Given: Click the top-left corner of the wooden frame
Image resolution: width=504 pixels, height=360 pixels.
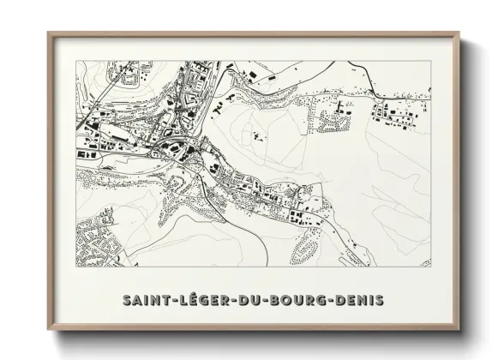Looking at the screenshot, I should tap(48, 33).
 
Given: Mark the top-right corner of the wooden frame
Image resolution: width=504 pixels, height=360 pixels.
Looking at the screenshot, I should tap(460, 33).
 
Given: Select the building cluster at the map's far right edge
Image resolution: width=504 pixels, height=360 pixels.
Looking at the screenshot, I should tap(399, 110).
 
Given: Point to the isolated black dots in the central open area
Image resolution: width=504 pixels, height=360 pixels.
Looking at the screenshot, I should tap(256, 137).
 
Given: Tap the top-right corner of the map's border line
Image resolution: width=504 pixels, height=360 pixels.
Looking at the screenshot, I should tap(430, 63).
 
